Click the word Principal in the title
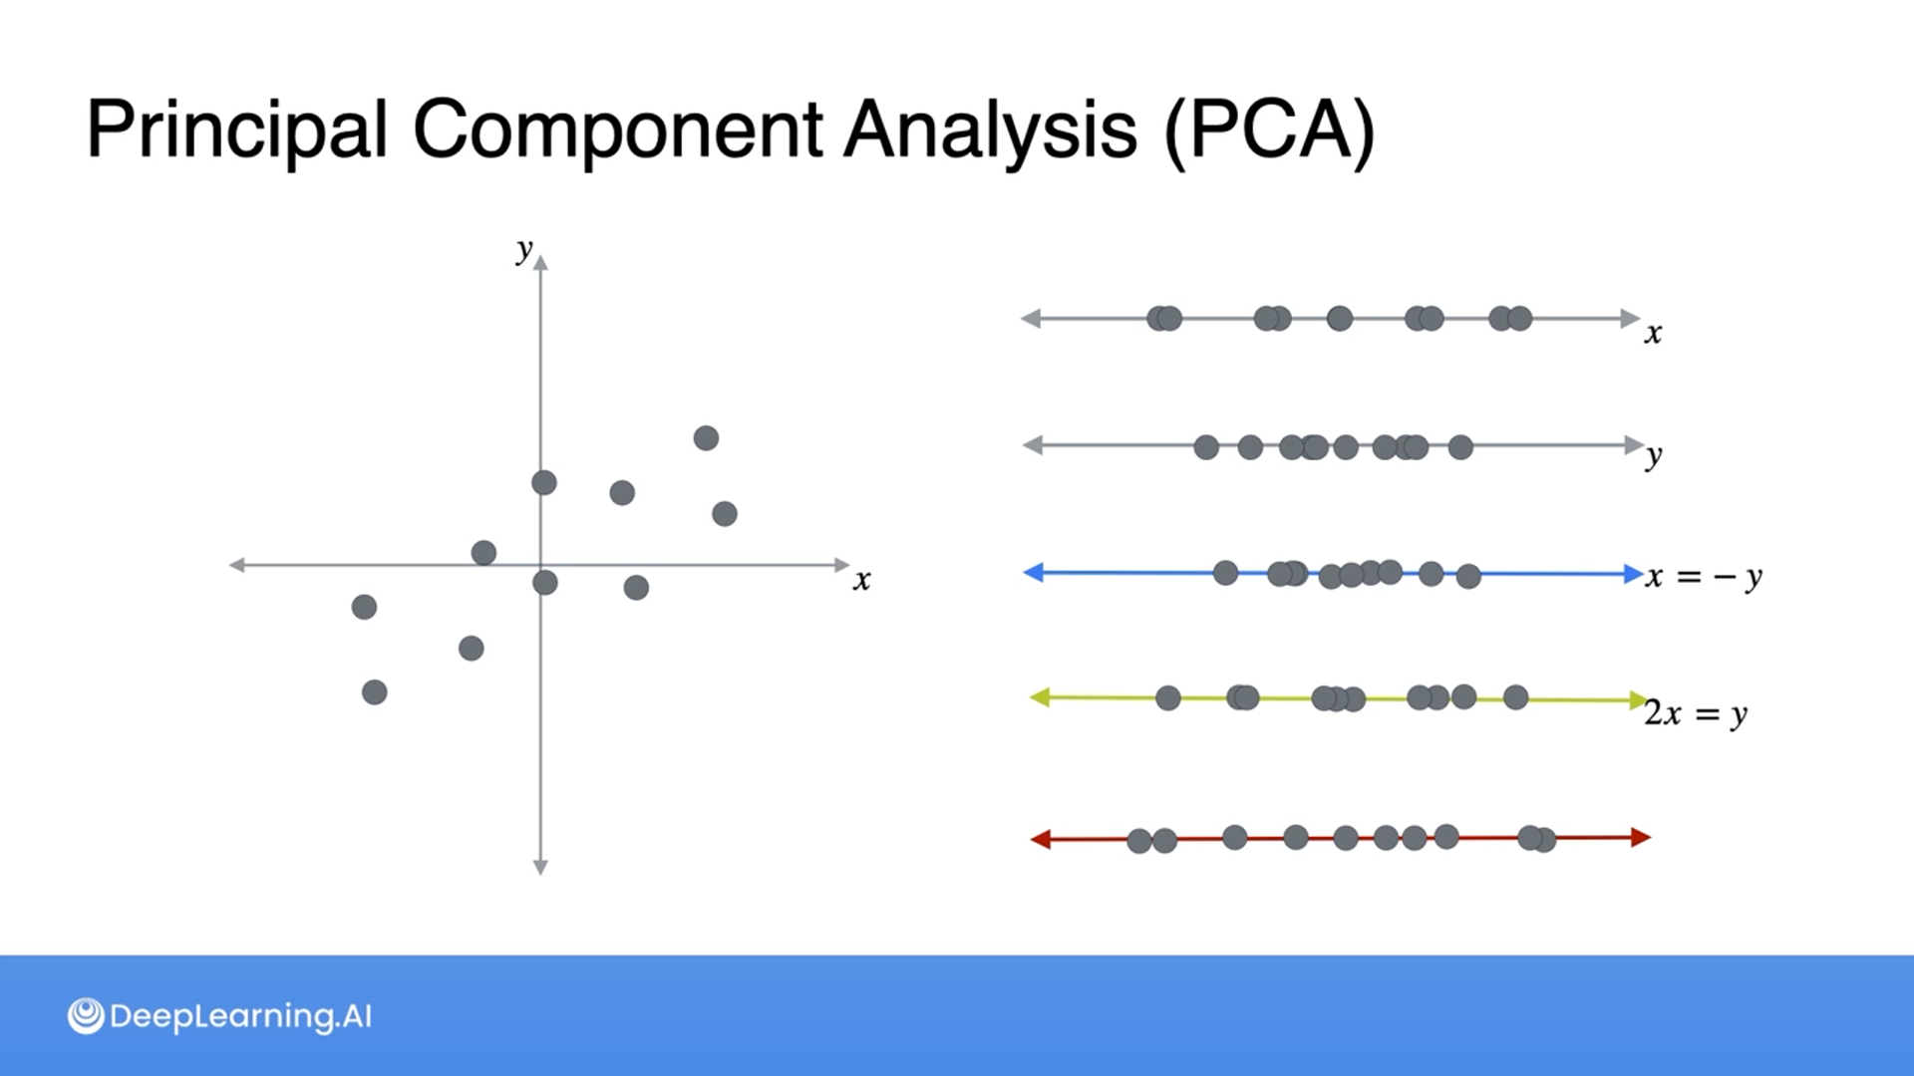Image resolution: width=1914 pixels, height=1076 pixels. [236, 131]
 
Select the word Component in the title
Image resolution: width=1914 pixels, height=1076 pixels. [617, 131]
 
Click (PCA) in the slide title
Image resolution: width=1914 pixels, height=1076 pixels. [1269, 131]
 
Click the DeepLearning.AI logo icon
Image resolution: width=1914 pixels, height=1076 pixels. [86, 1016]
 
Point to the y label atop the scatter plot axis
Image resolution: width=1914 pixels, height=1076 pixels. [524, 249]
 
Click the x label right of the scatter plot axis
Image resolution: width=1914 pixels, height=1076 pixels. [862, 580]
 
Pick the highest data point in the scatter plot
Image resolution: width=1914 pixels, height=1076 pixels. [706, 438]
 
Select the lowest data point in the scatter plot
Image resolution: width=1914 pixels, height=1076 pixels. [375, 692]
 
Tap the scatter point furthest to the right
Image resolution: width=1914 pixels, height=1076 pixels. [725, 514]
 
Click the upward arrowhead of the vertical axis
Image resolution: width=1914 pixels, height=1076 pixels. [540, 262]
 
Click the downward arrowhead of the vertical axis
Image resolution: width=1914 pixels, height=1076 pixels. [540, 868]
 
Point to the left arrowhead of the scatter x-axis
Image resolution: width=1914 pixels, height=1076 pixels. [237, 565]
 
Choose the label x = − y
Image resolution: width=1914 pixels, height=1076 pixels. [1704, 577]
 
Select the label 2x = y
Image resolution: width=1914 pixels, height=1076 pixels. [1695, 714]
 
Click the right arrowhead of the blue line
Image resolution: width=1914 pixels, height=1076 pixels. [1633, 574]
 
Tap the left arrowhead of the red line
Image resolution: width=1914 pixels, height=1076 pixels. [1040, 840]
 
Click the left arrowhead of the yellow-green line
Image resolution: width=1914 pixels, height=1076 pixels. [1039, 697]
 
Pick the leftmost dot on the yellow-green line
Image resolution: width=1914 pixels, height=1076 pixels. [1168, 698]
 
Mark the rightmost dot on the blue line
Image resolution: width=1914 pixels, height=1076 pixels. [1468, 576]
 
